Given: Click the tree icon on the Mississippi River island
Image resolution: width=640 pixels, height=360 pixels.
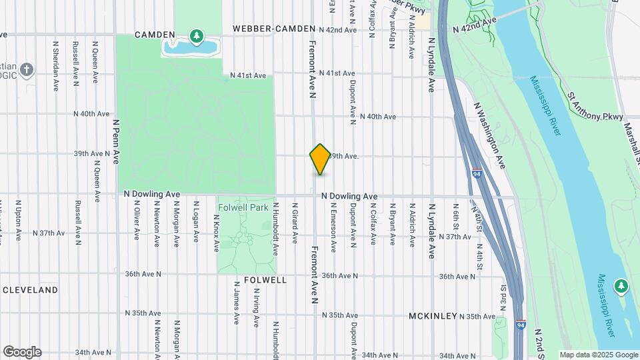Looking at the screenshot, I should click(x=621, y=286).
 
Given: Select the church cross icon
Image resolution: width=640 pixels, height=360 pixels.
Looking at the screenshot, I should click(x=26, y=69).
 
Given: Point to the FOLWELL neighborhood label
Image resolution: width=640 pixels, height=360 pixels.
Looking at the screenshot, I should click(x=265, y=280).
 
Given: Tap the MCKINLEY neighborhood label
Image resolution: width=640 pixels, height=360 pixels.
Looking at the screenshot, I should click(x=433, y=316).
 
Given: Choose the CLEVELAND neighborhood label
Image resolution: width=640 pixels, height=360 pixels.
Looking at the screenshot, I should click(x=31, y=291).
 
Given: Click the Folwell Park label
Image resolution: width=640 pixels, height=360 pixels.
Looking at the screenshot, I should click(x=243, y=207).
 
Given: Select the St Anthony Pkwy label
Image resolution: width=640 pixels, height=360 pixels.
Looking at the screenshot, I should click(x=597, y=109).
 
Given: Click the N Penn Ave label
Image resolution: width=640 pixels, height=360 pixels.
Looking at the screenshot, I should click(x=116, y=141).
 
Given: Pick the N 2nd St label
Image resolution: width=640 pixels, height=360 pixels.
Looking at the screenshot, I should click(x=539, y=339).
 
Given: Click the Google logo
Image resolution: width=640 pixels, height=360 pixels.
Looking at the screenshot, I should click(x=22, y=351).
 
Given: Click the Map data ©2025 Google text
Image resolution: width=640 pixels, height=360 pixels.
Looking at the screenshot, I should click(x=599, y=355).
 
